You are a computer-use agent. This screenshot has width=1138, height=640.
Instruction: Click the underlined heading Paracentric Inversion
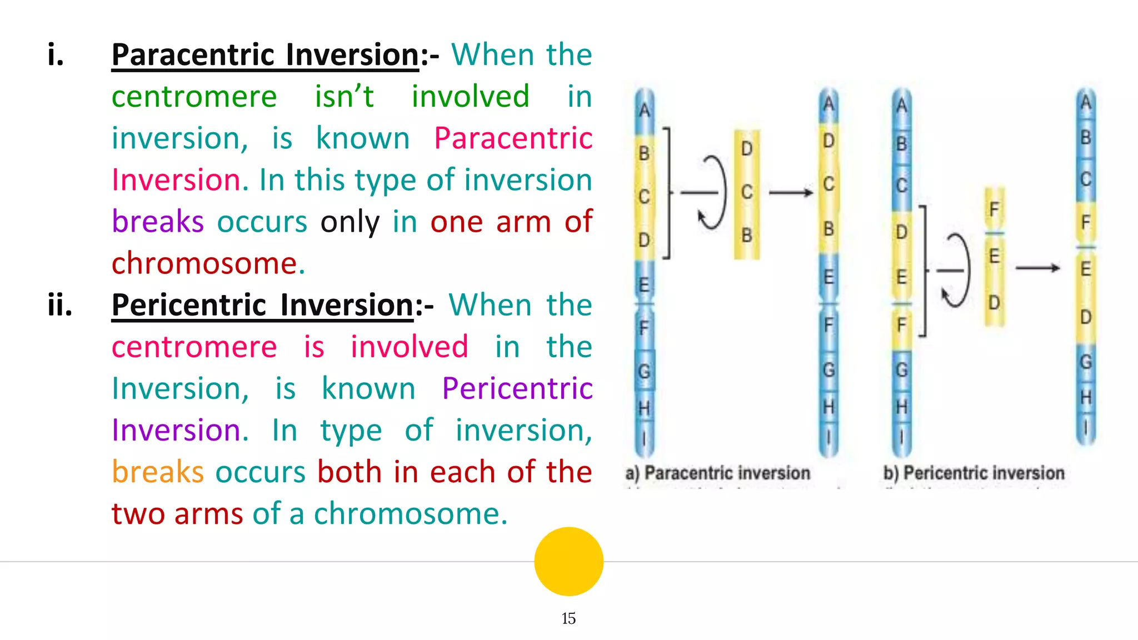tap(265, 55)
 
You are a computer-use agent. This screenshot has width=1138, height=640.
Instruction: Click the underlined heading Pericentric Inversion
tap(263, 306)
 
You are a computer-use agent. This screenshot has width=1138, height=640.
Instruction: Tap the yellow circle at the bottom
tap(568, 561)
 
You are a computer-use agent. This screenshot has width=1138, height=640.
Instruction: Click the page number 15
tap(568, 618)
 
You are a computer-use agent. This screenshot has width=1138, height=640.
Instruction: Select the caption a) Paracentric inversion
tap(717, 473)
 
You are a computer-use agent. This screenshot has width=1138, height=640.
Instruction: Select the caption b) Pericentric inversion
tap(974, 473)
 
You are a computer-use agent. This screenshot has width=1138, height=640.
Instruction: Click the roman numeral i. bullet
tap(56, 55)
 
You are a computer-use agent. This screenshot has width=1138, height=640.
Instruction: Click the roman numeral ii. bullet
tap(60, 306)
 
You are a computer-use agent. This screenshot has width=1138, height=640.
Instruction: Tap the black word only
tap(350, 222)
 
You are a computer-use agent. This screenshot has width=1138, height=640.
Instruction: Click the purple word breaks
tap(158, 222)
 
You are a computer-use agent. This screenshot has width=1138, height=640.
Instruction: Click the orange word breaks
tap(158, 472)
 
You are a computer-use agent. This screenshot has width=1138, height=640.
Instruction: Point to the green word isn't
tap(344, 97)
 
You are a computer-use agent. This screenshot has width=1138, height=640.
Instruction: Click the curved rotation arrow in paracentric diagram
tap(713, 193)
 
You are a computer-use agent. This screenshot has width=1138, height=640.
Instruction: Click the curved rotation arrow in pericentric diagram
tap(957, 271)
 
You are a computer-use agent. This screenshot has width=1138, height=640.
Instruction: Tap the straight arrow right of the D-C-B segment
tap(791, 193)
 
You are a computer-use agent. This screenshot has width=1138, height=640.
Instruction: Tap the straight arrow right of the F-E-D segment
tap(1037, 268)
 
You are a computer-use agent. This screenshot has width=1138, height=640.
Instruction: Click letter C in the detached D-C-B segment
tap(747, 192)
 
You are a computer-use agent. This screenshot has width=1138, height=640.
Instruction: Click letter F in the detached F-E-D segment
tap(994, 209)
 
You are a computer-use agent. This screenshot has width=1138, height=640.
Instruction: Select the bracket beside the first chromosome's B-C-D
tap(667, 193)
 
